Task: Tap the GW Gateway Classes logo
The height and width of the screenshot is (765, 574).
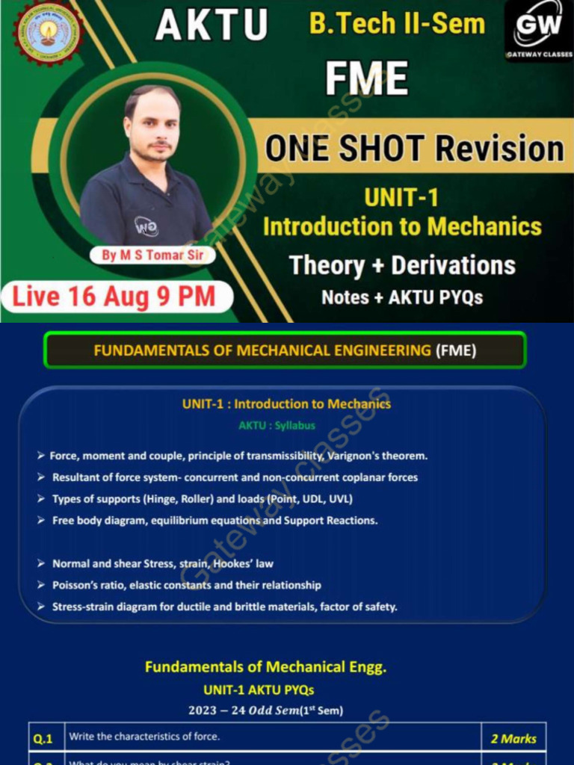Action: pyautogui.click(x=538, y=31)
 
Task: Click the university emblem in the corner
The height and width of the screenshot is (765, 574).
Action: pyautogui.click(x=47, y=33)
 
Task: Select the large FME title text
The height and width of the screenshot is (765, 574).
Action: pyautogui.click(x=366, y=78)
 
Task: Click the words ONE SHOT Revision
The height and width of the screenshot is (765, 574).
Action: pyautogui.click(x=414, y=148)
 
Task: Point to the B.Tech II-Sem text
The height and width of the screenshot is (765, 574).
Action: pyautogui.click(x=397, y=23)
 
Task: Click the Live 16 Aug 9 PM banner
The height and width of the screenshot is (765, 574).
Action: pyautogui.click(x=114, y=297)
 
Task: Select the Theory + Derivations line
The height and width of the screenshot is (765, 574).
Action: pyautogui.click(x=402, y=265)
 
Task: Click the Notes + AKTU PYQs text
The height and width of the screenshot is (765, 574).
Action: pyautogui.click(x=402, y=297)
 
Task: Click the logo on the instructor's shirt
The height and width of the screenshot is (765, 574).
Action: pyautogui.click(x=146, y=226)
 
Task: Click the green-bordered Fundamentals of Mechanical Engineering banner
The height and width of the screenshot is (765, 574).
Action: pyautogui.click(x=285, y=350)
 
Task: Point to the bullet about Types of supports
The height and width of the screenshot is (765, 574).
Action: pyautogui.click(x=202, y=498)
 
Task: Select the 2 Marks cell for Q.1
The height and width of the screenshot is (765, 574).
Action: pyautogui.click(x=513, y=738)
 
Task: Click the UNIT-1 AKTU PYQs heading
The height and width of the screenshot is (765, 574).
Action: pyautogui.click(x=259, y=690)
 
